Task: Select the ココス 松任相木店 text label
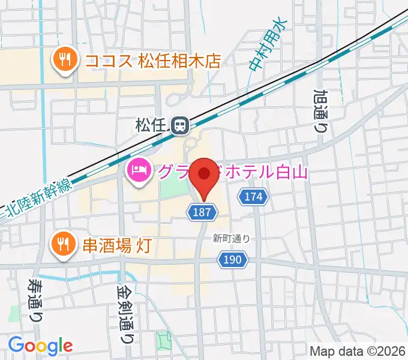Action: pyautogui.click(x=153, y=61)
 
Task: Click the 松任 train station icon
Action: pyautogui.click(x=179, y=125)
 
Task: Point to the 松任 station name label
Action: pyautogui.click(x=149, y=125)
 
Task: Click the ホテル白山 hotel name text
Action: pyautogui.click(x=264, y=173)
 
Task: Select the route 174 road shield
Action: pyautogui.click(x=253, y=196)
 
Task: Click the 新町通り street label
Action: pyautogui.click(x=230, y=238)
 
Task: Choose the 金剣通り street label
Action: pyautogui.click(x=125, y=311)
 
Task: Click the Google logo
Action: pyautogui.click(x=40, y=346)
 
